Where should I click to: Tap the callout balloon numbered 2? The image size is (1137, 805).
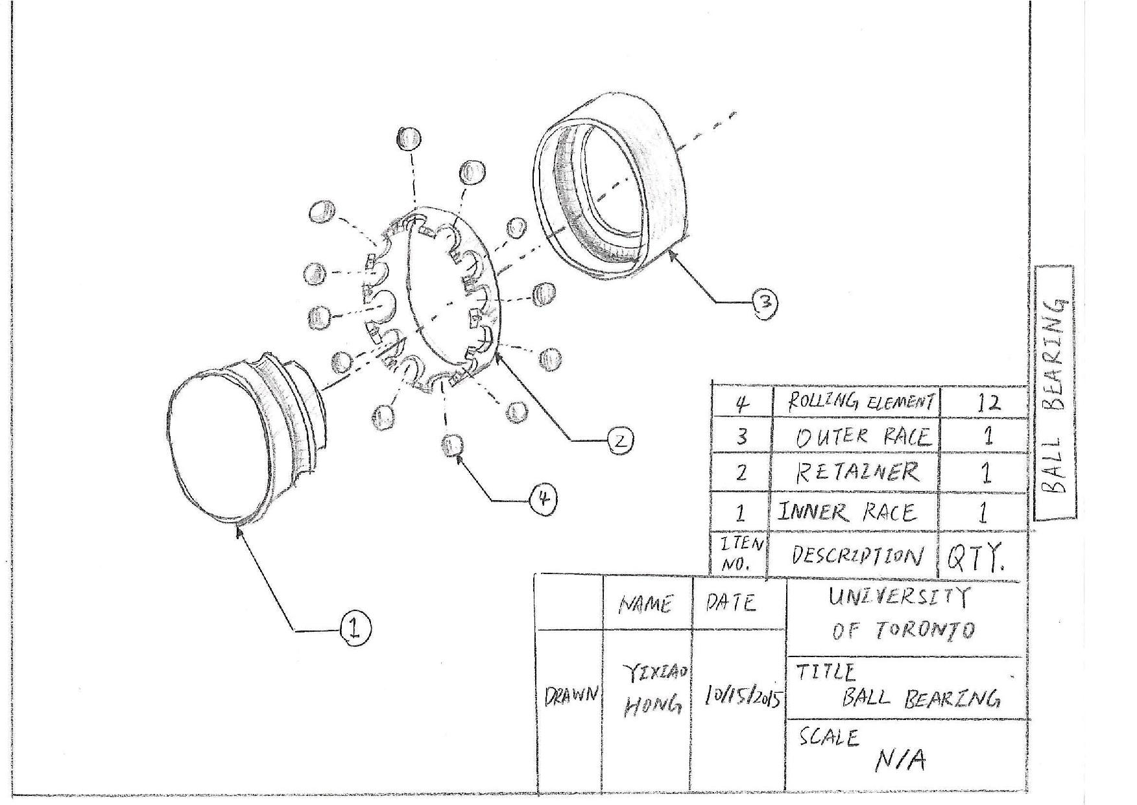(x=619, y=441)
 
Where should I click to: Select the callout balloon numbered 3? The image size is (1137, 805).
(x=765, y=302)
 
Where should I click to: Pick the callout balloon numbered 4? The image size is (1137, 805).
(x=544, y=499)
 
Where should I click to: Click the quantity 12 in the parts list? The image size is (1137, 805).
(x=987, y=403)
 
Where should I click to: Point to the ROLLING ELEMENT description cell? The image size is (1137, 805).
(x=861, y=403)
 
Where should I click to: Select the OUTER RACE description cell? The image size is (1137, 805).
(x=863, y=437)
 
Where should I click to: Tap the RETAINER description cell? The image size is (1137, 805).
(x=857, y=472)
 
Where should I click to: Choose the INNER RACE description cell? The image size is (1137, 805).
(x=847, y=512)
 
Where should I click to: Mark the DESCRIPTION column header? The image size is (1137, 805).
(x=856, y=556)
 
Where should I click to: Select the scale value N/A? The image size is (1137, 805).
(x=900, y=760)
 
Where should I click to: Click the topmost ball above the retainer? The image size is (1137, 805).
(x=409, y=138)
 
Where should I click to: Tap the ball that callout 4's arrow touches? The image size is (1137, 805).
(x=453, y=446)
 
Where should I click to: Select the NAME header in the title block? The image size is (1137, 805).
(x=645, y=605)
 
